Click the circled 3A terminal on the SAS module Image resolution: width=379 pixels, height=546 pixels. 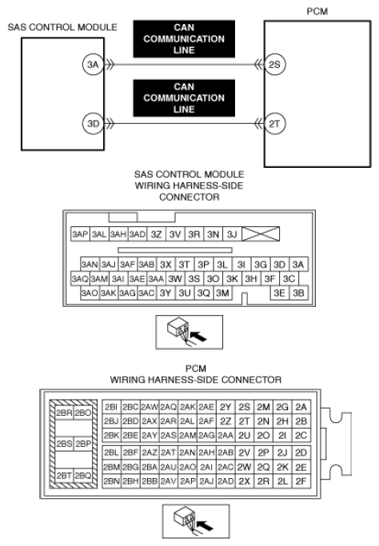(x=93, y=65)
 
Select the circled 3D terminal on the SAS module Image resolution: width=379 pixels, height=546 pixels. (x=93, y=124)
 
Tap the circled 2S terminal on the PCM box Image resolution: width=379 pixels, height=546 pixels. (x=275, y=65)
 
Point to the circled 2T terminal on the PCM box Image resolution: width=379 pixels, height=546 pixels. (x=275, y=124)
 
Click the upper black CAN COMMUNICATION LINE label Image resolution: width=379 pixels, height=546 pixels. (x=184, y=38)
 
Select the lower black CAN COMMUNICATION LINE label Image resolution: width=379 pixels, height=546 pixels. (x=184, y=98)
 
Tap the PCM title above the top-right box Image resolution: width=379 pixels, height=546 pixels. (x=317, y=11)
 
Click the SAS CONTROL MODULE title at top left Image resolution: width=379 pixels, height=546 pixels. (x=62, y=27)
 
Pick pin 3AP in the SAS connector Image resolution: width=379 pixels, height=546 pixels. (x=80, y=234)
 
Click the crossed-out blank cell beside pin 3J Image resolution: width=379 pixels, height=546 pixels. (x=261, y=234)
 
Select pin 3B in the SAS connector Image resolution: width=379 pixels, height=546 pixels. (x=298, y=293)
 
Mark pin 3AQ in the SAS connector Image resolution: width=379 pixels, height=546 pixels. (x=80, y=279)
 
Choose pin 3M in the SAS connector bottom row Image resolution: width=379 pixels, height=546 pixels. (x=222, y=293)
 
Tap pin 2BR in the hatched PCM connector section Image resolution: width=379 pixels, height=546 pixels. (x=64, y=412)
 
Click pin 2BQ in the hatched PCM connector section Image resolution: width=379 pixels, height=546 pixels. (x=83, y=476)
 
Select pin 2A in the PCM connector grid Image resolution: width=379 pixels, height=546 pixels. (x=301, y=407)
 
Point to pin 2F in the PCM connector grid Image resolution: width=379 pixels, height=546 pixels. (x=301, y=481)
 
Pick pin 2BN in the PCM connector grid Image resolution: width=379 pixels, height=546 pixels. (x=111, y=481)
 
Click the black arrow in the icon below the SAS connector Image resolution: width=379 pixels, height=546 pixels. (x=198, y=337)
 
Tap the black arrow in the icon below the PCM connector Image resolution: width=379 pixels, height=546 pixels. (x=205, y=525)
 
